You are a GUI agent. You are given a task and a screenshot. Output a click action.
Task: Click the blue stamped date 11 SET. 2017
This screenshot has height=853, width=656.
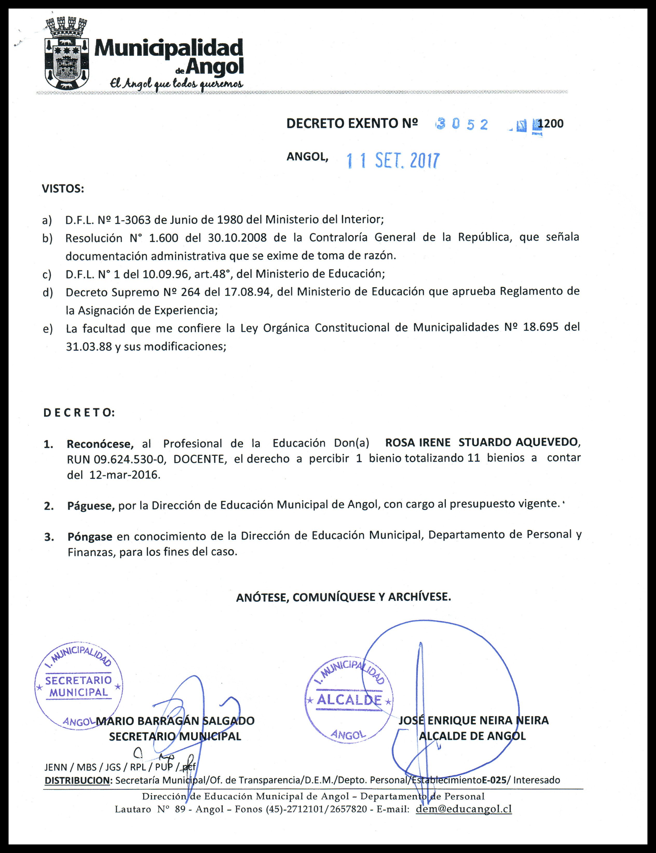coord(393,160)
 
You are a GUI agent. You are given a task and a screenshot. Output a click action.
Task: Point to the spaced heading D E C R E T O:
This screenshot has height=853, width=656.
coord(79,413)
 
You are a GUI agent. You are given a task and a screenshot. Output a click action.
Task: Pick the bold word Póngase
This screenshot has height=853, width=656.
coord(90,536)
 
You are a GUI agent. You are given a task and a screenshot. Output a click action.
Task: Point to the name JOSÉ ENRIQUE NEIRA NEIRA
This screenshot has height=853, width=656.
coord(473,720)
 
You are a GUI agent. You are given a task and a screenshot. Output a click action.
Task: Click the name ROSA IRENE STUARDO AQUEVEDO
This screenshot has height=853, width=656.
coord(483,442)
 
